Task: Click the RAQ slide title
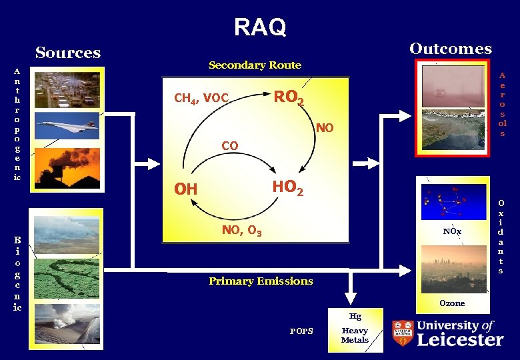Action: (x=260, y=27)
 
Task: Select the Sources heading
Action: (x=68, y=53)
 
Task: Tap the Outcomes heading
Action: (x=451, y=49)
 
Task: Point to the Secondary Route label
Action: (x=255, y=65)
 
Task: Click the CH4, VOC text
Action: (x=201, y=99)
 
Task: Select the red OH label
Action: (x=186, y=190)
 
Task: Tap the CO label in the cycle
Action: (x=229, y=145)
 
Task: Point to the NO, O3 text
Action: (x=241, y=231)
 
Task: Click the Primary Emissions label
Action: (x=261, y=281)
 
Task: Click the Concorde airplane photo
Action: (x=66, y=125)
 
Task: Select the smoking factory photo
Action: (x=66, y=164)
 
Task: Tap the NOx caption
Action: (x=452, y=231)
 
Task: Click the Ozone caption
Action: (x=452, y=303)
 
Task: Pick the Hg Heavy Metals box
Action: (x=355, y=330)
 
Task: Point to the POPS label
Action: (x=301, y=331)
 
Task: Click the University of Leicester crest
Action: (x=403, y=333)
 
